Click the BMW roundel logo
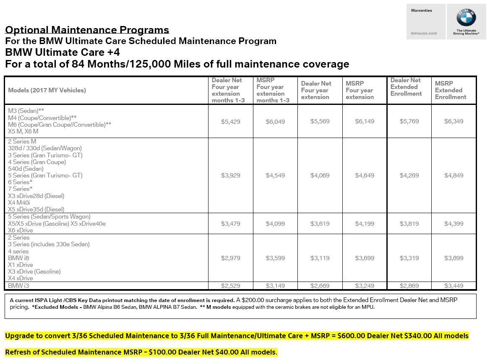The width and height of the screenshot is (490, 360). point(467,18)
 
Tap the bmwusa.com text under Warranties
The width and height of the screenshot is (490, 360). point(424,33)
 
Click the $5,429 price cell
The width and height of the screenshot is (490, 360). point(231,121)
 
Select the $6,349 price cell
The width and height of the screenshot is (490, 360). point(454,121)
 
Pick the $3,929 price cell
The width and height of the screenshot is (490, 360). point(231,175)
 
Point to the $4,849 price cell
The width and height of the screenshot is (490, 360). point(454,175)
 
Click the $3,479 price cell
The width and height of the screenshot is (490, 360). point(231,224)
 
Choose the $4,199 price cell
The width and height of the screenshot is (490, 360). point(365,224)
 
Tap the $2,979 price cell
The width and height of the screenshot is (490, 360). point(231,258)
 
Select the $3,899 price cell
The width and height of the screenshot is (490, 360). point(454,258)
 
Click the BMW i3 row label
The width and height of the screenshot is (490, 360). point(18,286)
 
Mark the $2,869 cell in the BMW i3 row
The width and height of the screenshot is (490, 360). point(409,286)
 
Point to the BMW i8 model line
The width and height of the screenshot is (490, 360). point(18,258)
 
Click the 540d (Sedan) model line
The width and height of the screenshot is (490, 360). point(26,169)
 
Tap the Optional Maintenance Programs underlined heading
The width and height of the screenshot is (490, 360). point(87,30)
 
